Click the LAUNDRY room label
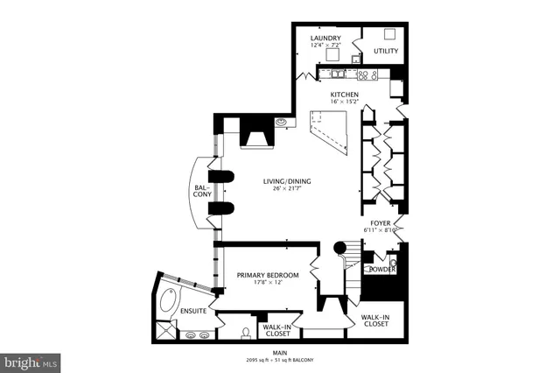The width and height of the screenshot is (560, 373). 325,39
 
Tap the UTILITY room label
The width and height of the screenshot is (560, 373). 386,51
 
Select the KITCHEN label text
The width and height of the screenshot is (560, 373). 344,95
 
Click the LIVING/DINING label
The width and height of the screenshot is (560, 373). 287,182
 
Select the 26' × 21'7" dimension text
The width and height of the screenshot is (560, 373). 287,192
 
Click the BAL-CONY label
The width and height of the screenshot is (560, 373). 202,191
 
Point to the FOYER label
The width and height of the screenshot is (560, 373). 381,223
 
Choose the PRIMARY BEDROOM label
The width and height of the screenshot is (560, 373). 268,275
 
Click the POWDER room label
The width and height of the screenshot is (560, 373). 381,270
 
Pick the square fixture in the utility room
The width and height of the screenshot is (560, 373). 388,33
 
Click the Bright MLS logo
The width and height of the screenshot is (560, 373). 31,360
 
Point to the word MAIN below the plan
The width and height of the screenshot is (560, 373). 280,354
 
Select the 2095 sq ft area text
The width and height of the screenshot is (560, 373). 259,361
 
